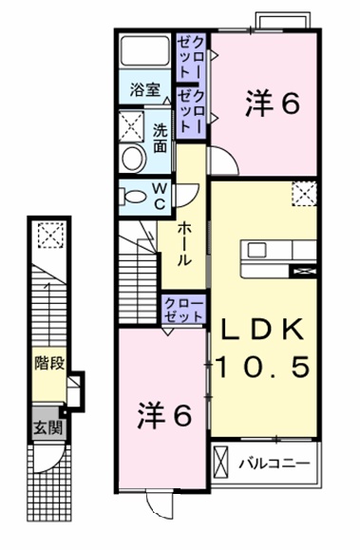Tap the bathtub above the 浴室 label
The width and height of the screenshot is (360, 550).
point(144,57)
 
